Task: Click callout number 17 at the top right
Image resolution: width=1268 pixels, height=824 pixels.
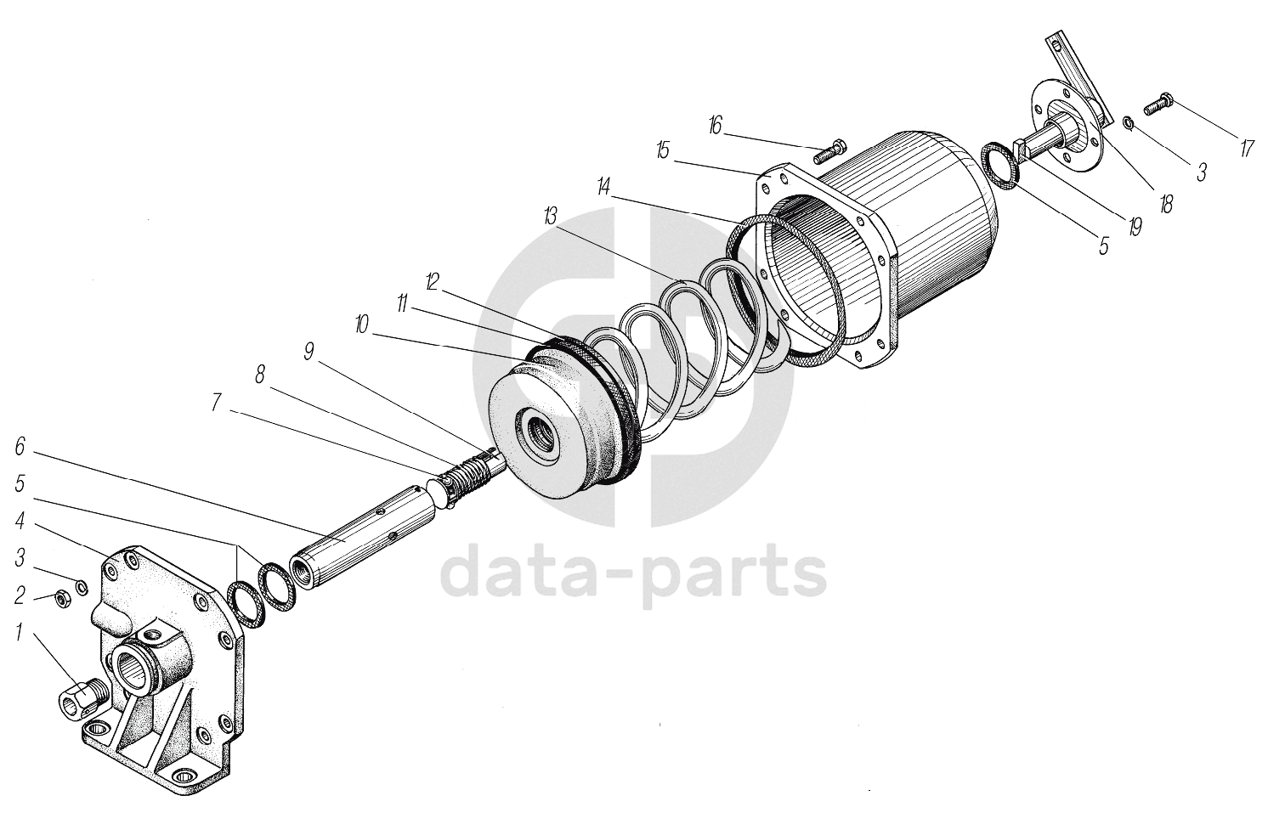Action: (x=1246, y=148)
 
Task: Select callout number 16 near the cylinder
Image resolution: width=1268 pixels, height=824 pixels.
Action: (x=715, y=127)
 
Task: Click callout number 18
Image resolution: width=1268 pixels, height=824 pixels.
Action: (x=1166, y=204)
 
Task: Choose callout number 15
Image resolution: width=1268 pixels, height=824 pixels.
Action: (x=663, y=150)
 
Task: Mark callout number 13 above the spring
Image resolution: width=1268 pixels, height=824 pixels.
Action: (x=550, y=217)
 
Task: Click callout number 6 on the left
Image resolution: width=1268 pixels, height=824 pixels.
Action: (x=21, y=446)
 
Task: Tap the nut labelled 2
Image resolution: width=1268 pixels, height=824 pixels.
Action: (x=62, y=597)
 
